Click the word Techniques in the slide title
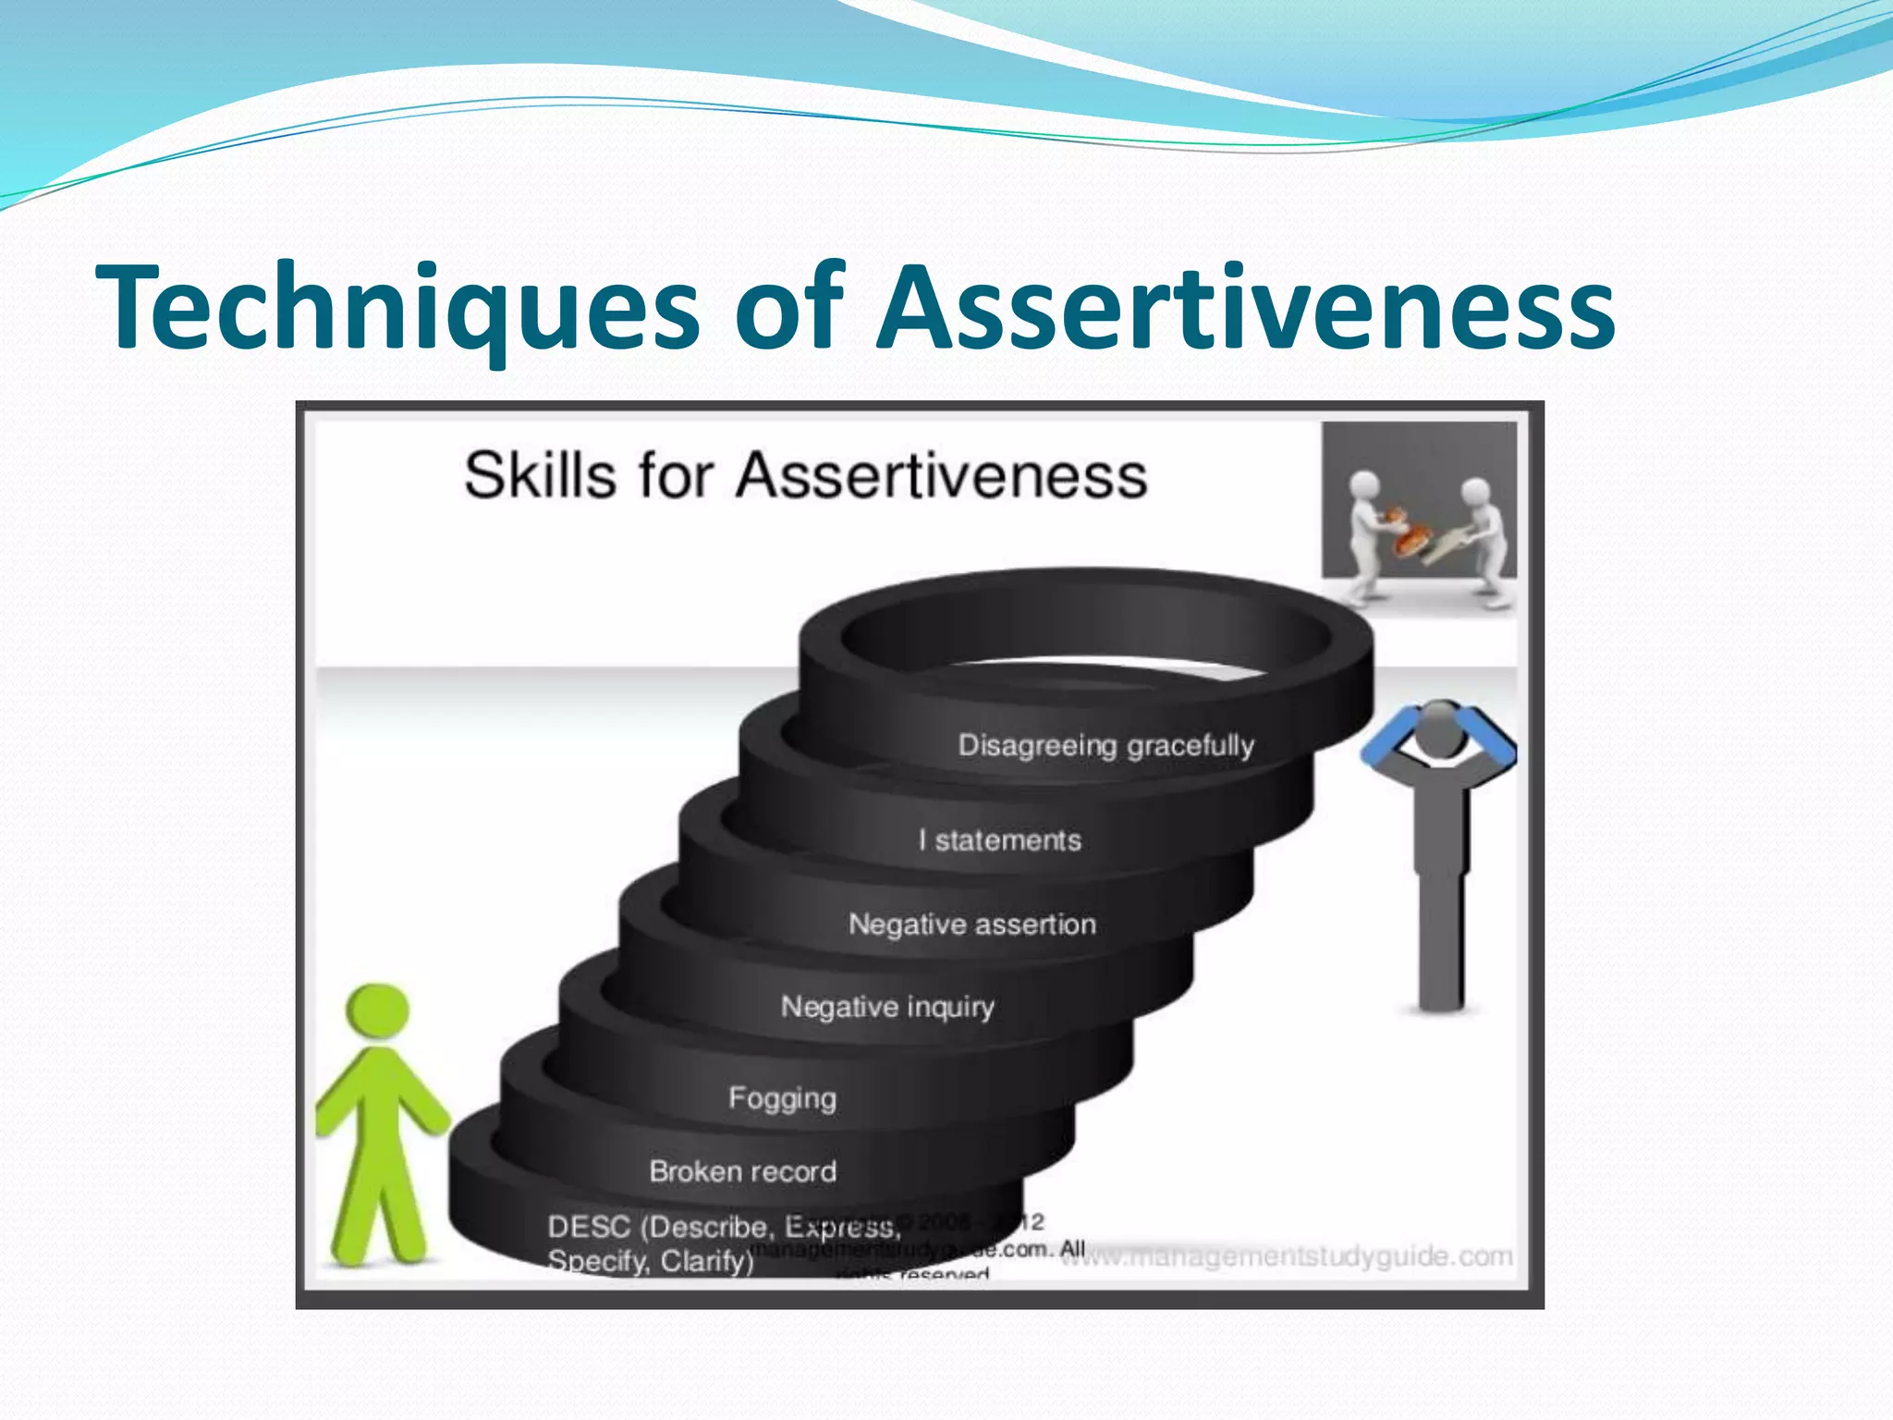coord(397,307)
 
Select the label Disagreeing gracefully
coord(1105,745)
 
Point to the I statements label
coord(1000,840)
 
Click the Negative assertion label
coord(972,924)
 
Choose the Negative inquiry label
coord(887,1006)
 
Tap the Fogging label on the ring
coord(782,1098)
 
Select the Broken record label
coord(742,1171)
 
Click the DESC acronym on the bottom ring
coord(588,1227)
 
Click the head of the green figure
coord(377,1012)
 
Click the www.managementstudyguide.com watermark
coord(1285,1256)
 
